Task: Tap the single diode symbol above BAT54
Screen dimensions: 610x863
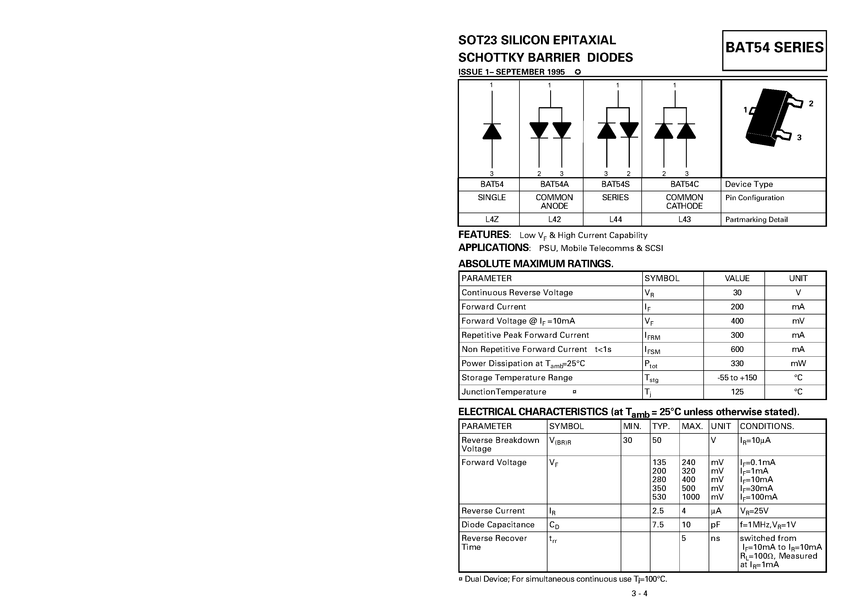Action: click(492, 131)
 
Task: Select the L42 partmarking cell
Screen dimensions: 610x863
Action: click(554, 219)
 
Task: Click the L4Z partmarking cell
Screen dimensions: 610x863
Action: click(492, 219)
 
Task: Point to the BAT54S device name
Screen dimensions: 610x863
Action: click(615, 184)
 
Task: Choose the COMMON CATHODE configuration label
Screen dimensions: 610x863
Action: click(684, 202)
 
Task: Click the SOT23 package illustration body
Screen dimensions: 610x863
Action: click(767, 117)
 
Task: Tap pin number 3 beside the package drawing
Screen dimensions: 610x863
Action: click(799, 138)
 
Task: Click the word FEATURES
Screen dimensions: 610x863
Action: click(484, 235)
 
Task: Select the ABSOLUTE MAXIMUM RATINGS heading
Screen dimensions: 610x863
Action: click(536, 264)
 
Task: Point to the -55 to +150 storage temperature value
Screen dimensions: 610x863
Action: click(737, 378)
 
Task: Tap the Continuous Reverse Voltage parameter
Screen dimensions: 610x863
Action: click(517, 293)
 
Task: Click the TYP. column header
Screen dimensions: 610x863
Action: click(661, 426)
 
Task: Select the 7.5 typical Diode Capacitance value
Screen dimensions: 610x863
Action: click(658, 525)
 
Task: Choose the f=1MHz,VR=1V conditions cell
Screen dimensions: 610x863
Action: click(768, 525)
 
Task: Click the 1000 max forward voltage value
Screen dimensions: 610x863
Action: click(691, 497)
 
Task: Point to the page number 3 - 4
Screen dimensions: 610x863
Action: click(639, 593)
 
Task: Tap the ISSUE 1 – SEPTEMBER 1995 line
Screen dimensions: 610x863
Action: click(511, 72)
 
